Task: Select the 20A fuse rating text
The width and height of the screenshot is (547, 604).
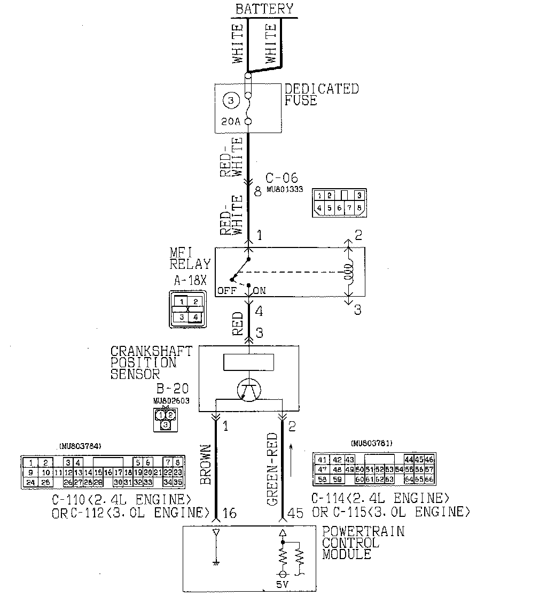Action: pyautogui.click(x=230, y=122)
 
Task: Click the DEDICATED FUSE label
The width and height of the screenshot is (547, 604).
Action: pyautogui.click(x=321, y=94)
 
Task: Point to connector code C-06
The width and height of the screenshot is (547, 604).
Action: pyautogui.click(x=282, y=178)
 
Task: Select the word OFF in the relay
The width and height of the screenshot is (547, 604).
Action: pyautogui.click(x=226, y=291)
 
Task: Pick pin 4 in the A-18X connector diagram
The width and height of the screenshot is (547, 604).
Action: pyautogui.click(x=195, y=317)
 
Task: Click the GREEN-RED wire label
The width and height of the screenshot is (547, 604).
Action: pyautogui.click(x=272, y=469)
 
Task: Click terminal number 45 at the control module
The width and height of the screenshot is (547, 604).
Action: pyautogui.click(x=295, y=513)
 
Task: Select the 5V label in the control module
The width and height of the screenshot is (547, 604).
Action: pyautogui.click(x=283, y=584)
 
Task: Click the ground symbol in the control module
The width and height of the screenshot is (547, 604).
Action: pyautogui.click(x=215, y=561)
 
